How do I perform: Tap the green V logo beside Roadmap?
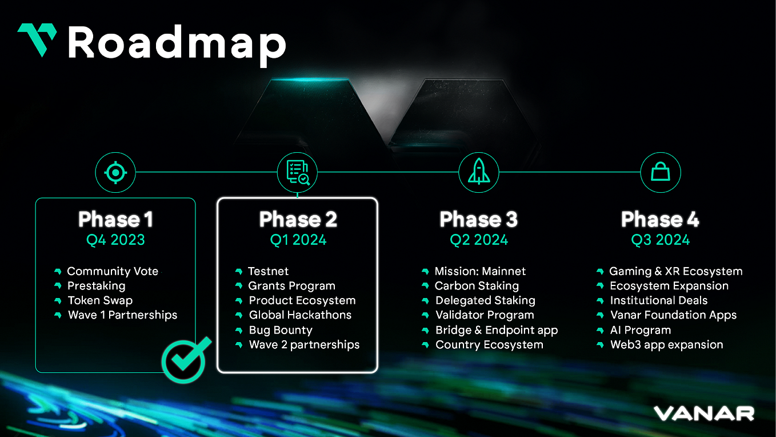37,39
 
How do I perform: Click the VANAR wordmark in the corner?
704,413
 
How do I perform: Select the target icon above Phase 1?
115,172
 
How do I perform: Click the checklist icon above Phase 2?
297,172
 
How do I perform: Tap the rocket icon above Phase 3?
478,172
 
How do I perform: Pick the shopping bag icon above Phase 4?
660,172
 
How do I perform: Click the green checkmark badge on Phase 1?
184,359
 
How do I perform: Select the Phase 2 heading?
298,219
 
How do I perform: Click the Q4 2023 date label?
115,240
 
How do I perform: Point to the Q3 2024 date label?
660,240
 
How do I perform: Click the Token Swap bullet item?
100,300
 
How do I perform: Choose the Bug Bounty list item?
281,330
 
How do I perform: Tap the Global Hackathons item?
300,315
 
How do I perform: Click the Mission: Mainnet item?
480,271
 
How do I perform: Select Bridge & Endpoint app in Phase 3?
496,330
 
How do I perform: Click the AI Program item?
640,330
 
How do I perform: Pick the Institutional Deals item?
658,300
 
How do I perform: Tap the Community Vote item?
113,271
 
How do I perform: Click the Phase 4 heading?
660,219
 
